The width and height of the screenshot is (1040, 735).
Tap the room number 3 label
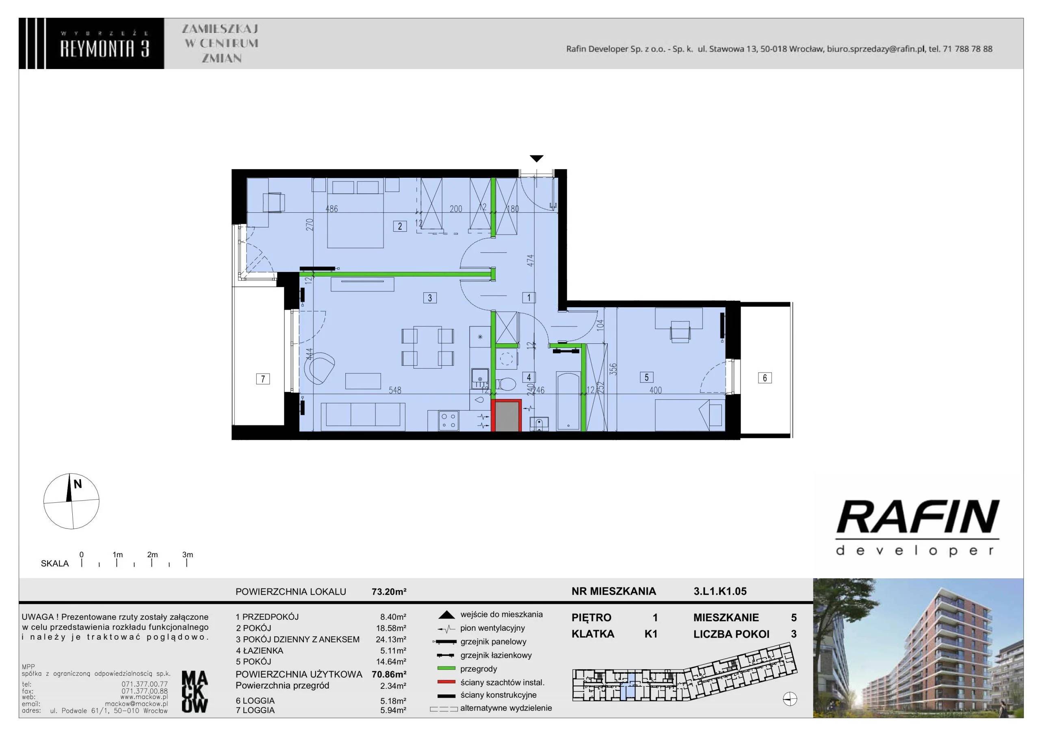(430, 298)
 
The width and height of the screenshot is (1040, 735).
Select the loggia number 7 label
(263, 379)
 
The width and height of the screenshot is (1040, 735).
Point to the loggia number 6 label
(765, 378)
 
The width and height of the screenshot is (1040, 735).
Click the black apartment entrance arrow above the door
(536, 158)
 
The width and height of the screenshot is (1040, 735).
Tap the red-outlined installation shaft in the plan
(507, 416)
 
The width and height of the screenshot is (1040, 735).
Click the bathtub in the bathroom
(568, 401)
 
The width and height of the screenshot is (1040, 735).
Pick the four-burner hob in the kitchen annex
(448, 420)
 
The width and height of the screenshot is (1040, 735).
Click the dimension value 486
(331, 209)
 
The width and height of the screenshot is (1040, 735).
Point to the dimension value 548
(395, 390)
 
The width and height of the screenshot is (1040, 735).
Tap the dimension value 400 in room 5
(655, 390)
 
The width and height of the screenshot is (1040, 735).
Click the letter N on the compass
(78, 484)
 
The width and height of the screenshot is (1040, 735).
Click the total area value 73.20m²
(389, 591)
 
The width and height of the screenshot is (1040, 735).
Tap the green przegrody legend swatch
(446, 668)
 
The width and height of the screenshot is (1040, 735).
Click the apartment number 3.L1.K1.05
(720, 591)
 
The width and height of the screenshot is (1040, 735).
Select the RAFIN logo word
(918, 516)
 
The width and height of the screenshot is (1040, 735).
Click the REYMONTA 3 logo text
(105, 48)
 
